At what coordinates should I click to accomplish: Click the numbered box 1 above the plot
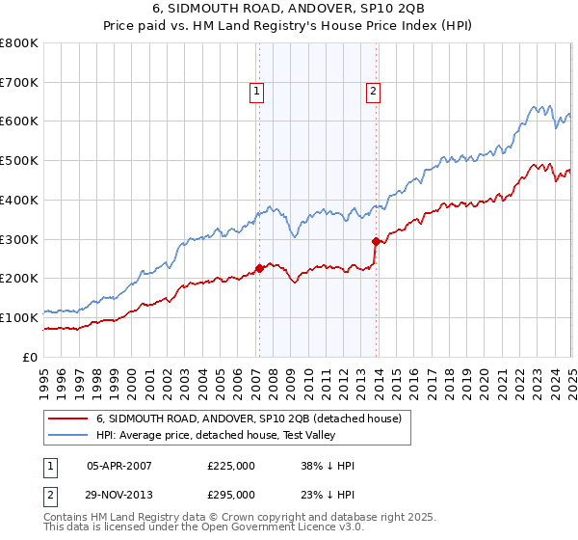(x=258, y=92)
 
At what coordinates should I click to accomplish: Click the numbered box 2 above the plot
(x=373, y=92)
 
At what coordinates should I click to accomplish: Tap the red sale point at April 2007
(x=259, y=268)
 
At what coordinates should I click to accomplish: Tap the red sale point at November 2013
(x=376, y=241)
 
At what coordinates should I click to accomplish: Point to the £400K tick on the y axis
(x=20, y=200)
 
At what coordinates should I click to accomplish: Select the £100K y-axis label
(x=20, y=317)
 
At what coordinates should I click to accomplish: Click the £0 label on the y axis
(x=31, y=357)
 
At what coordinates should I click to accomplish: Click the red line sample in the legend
(x=67, y=418)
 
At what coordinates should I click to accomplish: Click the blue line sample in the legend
(x=67, y=435)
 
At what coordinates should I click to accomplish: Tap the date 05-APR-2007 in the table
(x=119, y=465)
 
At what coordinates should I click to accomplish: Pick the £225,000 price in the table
(x=231, y=465)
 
